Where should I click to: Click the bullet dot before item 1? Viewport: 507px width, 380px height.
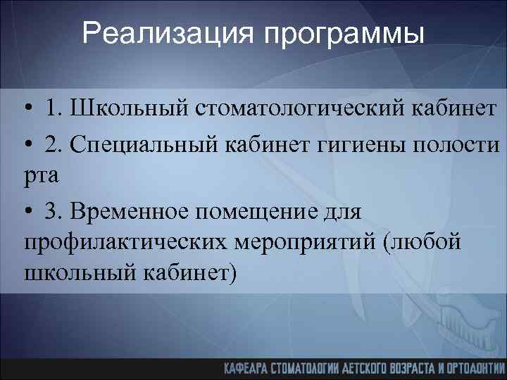[x=27, y=110]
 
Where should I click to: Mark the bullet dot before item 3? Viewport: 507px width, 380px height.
[x=27, y=211]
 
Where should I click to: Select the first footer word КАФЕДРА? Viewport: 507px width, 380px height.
[x=249, y=367]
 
